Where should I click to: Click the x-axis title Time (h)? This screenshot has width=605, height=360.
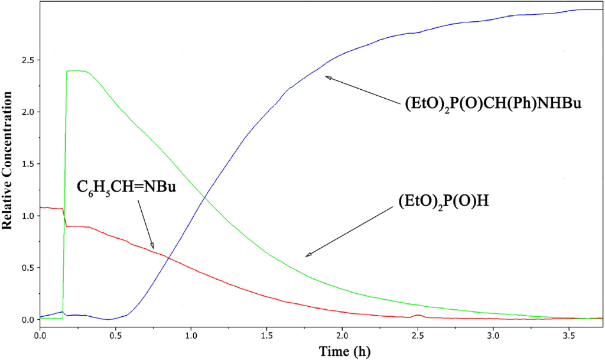(344, 351)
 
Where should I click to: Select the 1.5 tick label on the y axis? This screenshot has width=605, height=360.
(28, 164)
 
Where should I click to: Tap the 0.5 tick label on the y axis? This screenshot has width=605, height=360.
(28, 268)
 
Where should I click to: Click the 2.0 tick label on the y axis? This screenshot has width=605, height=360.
(28, 112)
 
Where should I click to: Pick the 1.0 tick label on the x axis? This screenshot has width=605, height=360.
(191, 335)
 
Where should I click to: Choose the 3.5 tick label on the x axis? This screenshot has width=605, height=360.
(568, 335)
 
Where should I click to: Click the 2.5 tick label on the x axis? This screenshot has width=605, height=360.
(417, 335)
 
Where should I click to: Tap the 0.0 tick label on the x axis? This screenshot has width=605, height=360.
(40, 335)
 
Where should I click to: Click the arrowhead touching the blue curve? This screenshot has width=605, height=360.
(328, 77)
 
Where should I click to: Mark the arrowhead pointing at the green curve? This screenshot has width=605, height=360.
(308, 255)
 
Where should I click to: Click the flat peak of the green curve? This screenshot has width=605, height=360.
(77, 71)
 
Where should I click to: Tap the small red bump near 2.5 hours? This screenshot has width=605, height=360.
(418, 316)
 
